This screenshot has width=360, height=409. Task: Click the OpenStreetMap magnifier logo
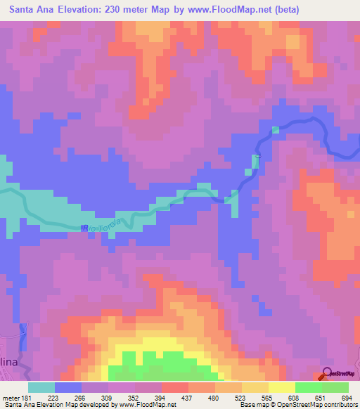(x=328, y=373)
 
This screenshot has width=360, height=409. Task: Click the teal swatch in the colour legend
(x=41, y=387)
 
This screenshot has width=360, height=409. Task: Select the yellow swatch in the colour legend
(x=281, y=387)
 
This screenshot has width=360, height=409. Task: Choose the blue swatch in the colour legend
(x=68, y=387)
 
